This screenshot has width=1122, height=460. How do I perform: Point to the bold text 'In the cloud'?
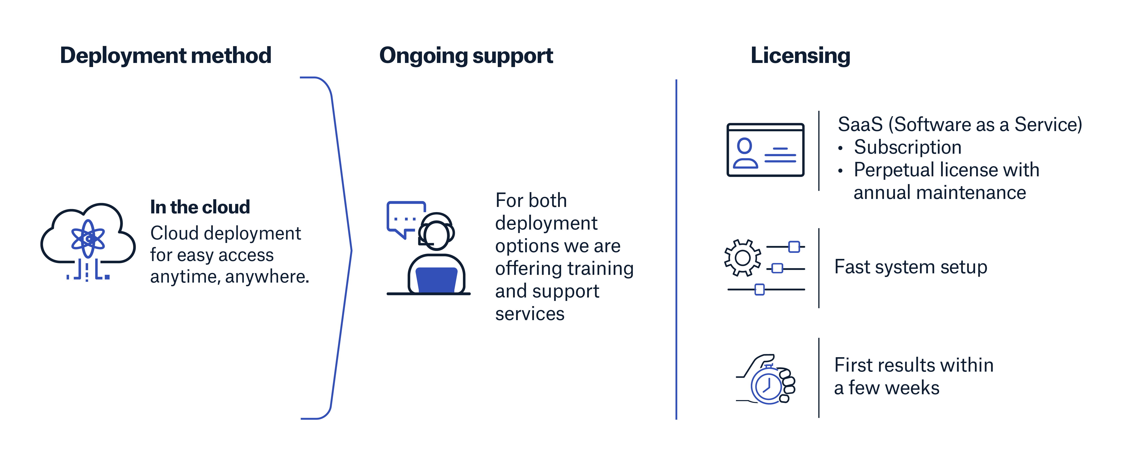click(200, 207)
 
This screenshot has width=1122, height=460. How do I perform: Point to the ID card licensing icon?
click(765, 150)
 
